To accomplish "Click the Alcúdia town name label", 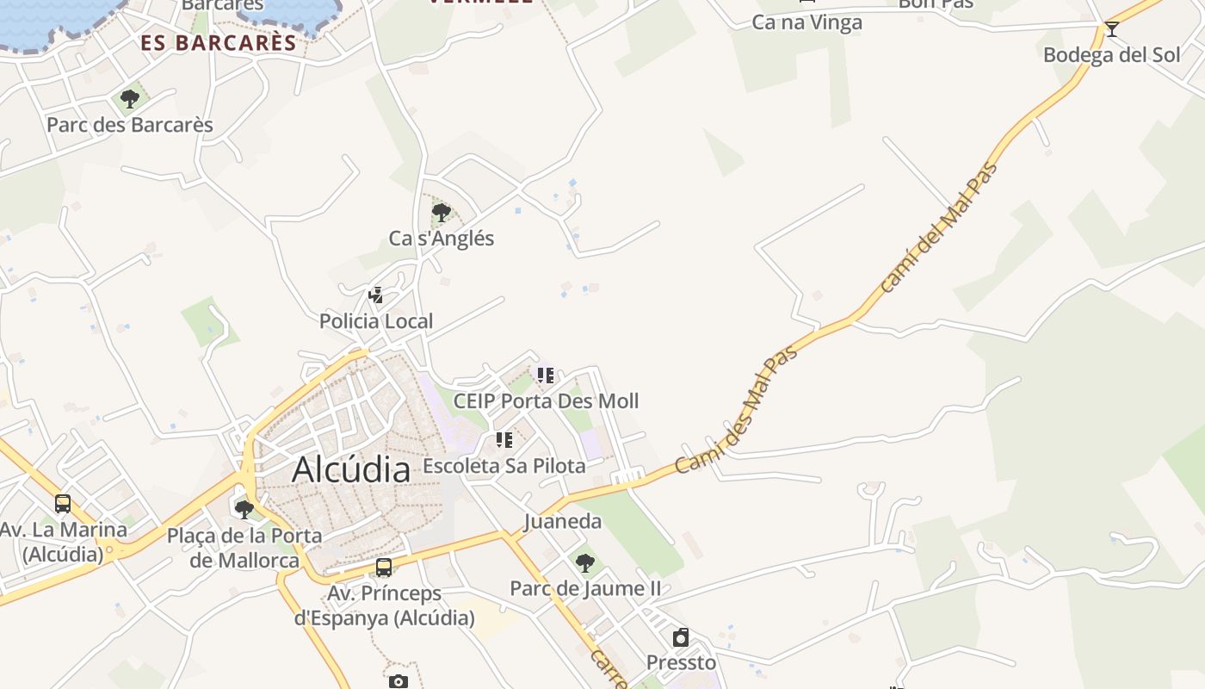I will pos(350,470).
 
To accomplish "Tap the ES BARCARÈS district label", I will pos(219,42).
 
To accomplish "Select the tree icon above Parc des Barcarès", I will pos(130,99).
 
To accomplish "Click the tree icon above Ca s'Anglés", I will pos(442,212).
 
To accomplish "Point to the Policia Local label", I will pos(376,321).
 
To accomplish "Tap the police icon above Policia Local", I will pos(375,295).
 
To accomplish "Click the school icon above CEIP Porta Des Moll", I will pos(546,376).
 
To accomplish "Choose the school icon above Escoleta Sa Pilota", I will pos(504,441).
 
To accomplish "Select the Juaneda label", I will pos(563,521).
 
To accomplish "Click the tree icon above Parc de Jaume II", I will pos(585,563).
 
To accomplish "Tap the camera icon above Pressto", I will pos(681,637).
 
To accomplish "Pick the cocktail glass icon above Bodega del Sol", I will pos(1112,29).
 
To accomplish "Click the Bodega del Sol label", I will pos(1111,55).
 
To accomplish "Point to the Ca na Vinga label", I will pos(806,22).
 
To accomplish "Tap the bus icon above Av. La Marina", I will pos(63,504).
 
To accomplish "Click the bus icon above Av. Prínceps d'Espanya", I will pos(384,568).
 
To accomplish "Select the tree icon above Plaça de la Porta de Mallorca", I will pos(244,509).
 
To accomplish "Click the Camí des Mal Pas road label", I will pos(736,409).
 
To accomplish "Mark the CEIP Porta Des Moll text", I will pos(546,401).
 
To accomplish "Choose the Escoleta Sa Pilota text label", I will pos(504,466).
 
